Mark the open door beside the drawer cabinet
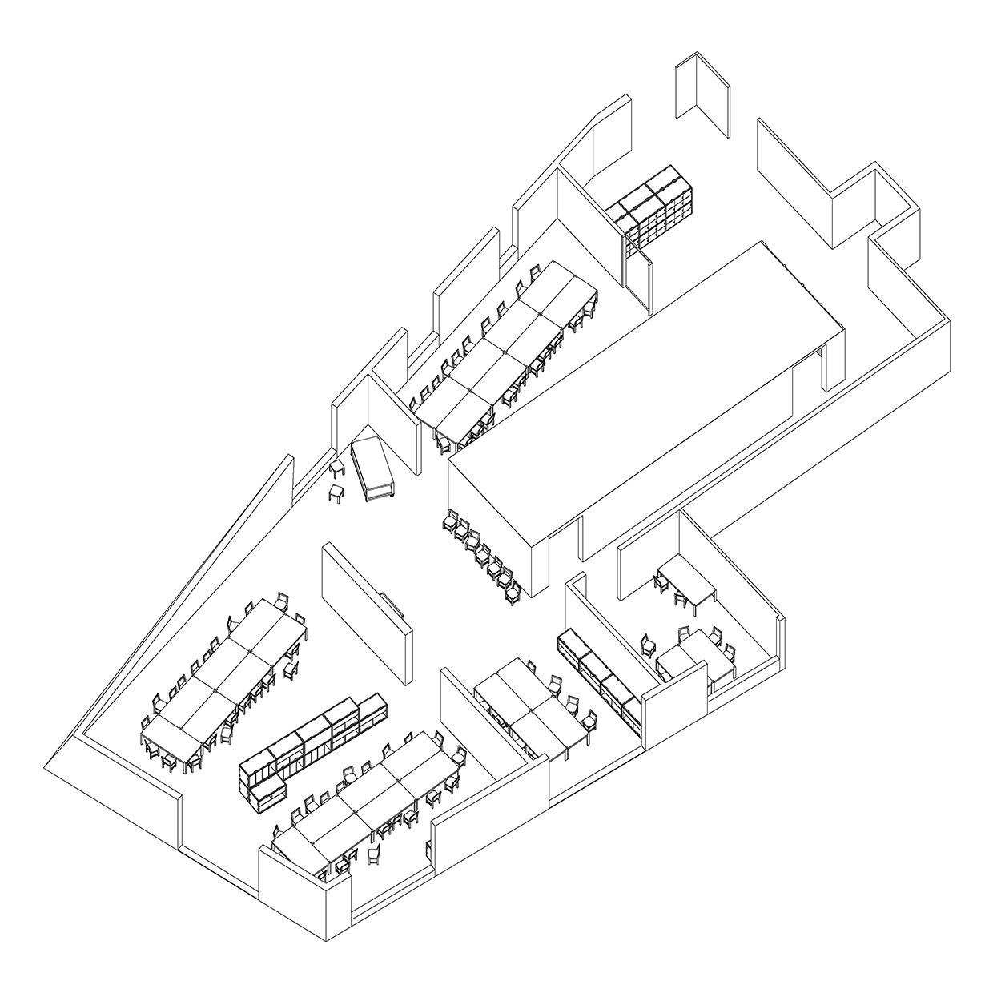(638, 273)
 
